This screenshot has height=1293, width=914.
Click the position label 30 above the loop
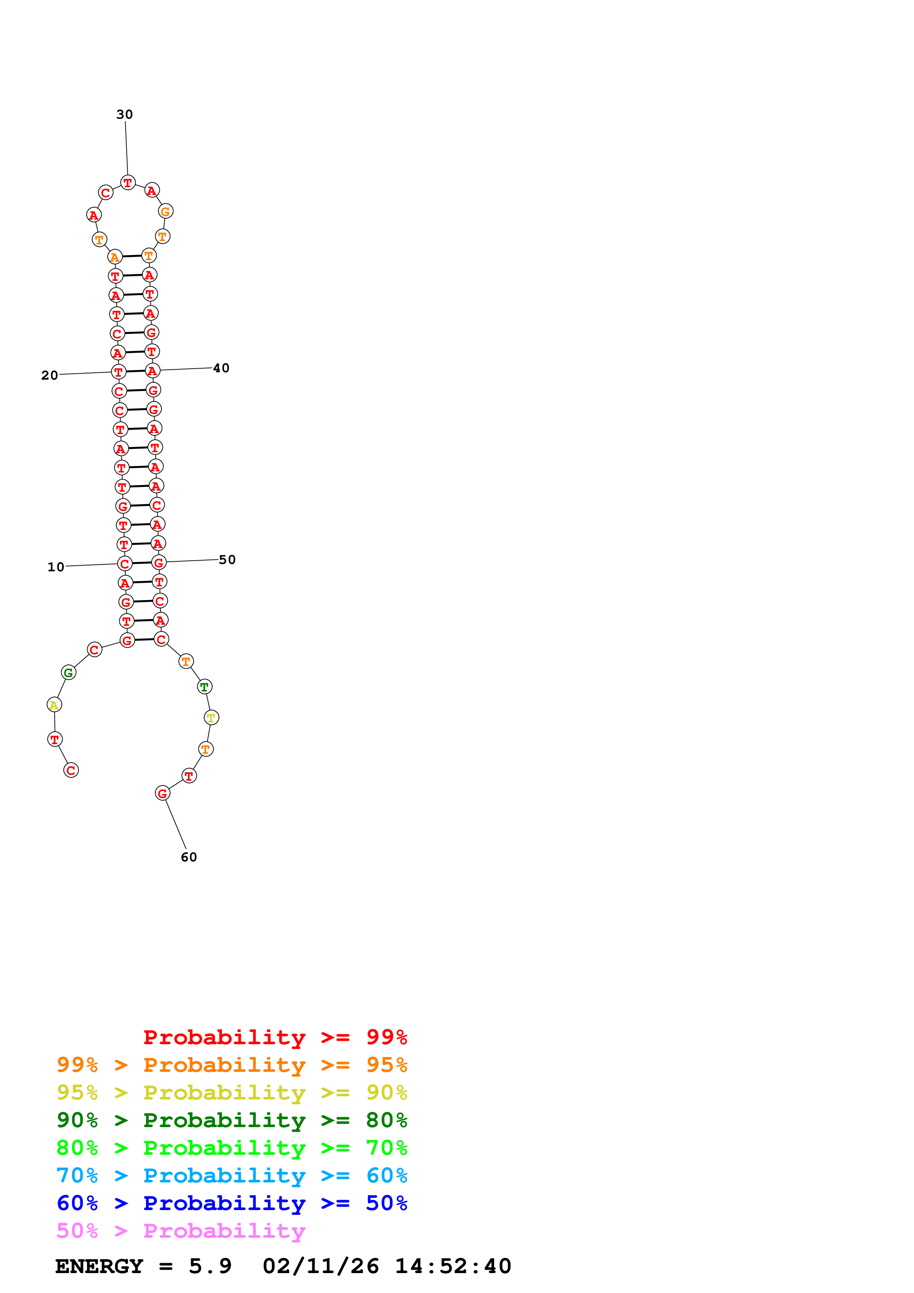[x=125, y=114]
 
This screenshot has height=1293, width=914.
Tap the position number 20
[x=49, y=375]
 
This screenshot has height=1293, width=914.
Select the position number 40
[x=221, y=368]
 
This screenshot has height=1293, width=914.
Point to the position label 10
[x=56, y=567]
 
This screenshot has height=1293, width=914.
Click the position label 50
[x=227, y=559]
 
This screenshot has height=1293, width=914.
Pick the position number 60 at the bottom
[x=189, y=857]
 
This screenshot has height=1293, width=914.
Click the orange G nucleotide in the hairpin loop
[x=166, y=212]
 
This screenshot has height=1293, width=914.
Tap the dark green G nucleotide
[x=69, y=672]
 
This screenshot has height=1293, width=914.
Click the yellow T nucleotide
[x=211, y=718]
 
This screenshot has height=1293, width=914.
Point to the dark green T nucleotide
[x=204, y=686]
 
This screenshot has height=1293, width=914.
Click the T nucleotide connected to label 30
[x=128, y=182]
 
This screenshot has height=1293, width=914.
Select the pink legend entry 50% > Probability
[x=181, y=1230]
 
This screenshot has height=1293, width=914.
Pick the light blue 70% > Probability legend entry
[x=232, y=1175]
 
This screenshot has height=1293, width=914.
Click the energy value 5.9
[x=210, y=1266]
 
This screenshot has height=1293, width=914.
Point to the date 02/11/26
[x=320, y=1266]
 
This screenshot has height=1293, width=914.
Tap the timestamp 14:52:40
[x=453, y=1266]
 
